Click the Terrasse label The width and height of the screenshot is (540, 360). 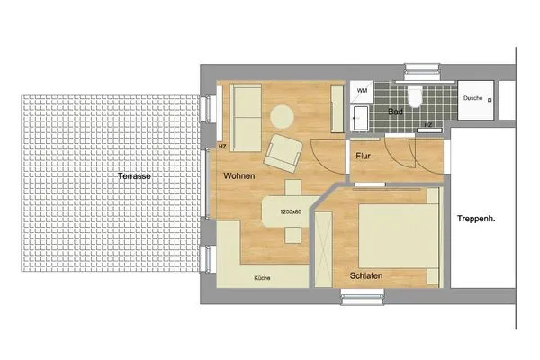click(x=133, y=176)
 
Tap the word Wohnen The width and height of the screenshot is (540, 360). click(x=239, y=175)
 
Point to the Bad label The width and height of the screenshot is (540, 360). click(x=394, y=112)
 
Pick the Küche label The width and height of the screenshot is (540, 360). click(x=261, y=278)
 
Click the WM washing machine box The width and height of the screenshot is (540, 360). click(x=362, y=92)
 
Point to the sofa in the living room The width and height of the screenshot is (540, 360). click(x=246, y=109)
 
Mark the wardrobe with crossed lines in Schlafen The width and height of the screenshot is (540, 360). click(x=322, y=244)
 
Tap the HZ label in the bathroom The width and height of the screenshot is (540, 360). click(x=427, y=125)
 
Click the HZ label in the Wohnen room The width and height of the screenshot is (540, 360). click(x=221, y=146)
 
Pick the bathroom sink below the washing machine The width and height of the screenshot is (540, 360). click(x=360, y=117)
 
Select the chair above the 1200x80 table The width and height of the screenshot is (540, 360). click(x=293, y=188)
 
